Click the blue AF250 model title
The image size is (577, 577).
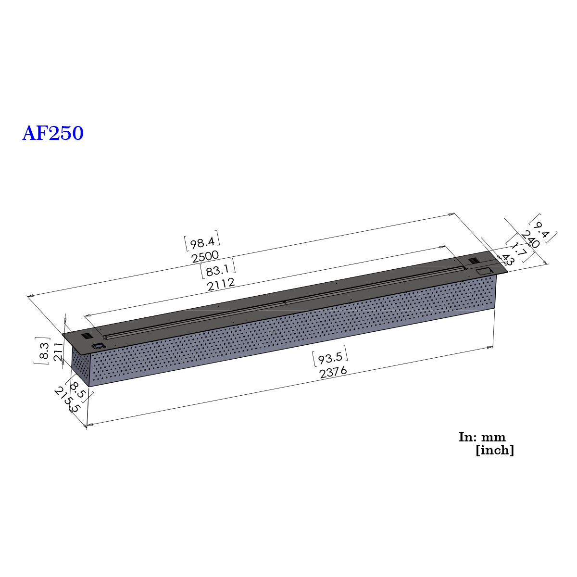click(53, 133)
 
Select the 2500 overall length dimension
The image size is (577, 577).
click(205, 257)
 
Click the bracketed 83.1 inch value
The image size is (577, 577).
click(218, 270)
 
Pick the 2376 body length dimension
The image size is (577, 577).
click(333, 372)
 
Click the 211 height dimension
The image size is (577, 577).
click(58, 351)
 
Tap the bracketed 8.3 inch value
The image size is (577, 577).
click(43, 351)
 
